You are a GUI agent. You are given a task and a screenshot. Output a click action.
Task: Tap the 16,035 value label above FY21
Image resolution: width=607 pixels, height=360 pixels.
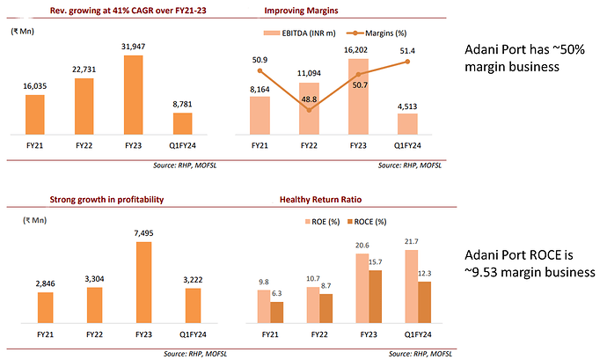(34, 86)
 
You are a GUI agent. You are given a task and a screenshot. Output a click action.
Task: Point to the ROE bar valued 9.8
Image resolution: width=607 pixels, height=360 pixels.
(263, 305)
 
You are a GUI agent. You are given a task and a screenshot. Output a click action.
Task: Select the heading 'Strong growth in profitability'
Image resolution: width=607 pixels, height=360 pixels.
(108, 201)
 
